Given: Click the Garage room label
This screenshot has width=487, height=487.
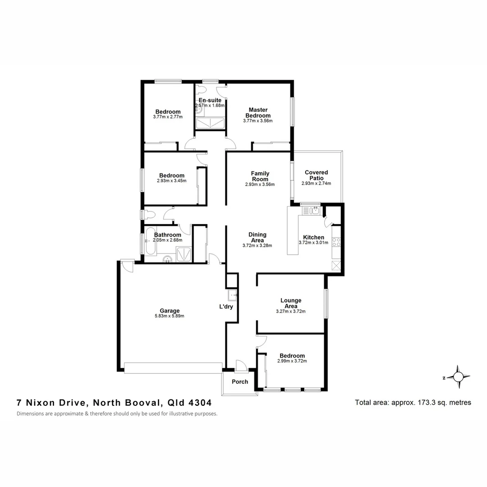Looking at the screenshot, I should tap(170, 311).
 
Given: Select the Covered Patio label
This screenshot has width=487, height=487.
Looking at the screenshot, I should tap(316, 175).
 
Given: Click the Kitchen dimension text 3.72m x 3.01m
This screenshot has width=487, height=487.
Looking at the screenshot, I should tap(313, 243).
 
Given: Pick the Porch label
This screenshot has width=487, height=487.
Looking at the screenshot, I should tap(240, 382).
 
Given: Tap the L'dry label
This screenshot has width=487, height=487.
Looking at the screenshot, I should tap(226, 307).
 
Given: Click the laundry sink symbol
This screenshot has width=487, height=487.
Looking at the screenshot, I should tap(233, 295).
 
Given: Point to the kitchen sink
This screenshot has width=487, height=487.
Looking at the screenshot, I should tap(311, 210).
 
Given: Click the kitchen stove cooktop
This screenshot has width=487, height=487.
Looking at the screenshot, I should tap(336, 242).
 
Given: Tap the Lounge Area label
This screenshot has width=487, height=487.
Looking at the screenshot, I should tap(290, 303).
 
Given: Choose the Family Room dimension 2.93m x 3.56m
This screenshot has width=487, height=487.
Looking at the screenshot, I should tap(260, 184).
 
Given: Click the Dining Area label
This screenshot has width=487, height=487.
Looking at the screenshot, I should tap(257, 238).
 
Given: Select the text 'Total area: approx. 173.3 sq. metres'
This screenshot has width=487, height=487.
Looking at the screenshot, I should tap(413, 403).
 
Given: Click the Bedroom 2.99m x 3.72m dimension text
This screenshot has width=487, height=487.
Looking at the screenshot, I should tap(292, 361).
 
